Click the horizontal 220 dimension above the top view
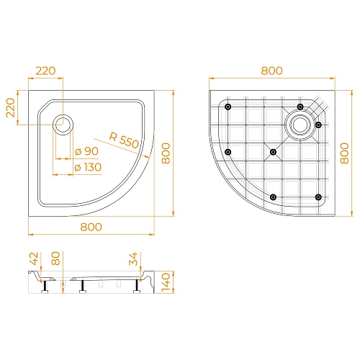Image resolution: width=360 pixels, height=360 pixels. (x=45, y=71)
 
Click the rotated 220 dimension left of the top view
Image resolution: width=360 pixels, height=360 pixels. (x=10, y=109)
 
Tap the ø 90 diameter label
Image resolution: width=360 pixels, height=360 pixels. (x=87, y=151)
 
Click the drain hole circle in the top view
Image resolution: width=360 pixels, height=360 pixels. (x=63, y=124)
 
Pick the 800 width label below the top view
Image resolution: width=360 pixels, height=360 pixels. (x=91, y=226)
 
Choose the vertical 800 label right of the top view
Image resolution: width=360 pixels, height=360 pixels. (x=167, y=152)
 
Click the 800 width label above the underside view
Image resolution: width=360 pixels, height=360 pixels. (x=271, y=71)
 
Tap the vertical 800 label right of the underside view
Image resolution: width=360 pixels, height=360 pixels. (x=344, y=152)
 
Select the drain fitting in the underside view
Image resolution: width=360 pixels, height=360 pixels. (x=299, y=123)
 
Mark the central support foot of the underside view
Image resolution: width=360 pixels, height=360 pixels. (x=272, y=152)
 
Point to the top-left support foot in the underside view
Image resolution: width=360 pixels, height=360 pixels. (x=228, y=107)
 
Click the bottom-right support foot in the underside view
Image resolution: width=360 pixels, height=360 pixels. (x=318, y=197)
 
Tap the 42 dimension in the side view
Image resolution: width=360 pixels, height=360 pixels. (x=34, y=261)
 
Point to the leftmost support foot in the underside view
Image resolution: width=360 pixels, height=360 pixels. (x=228, y=152)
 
